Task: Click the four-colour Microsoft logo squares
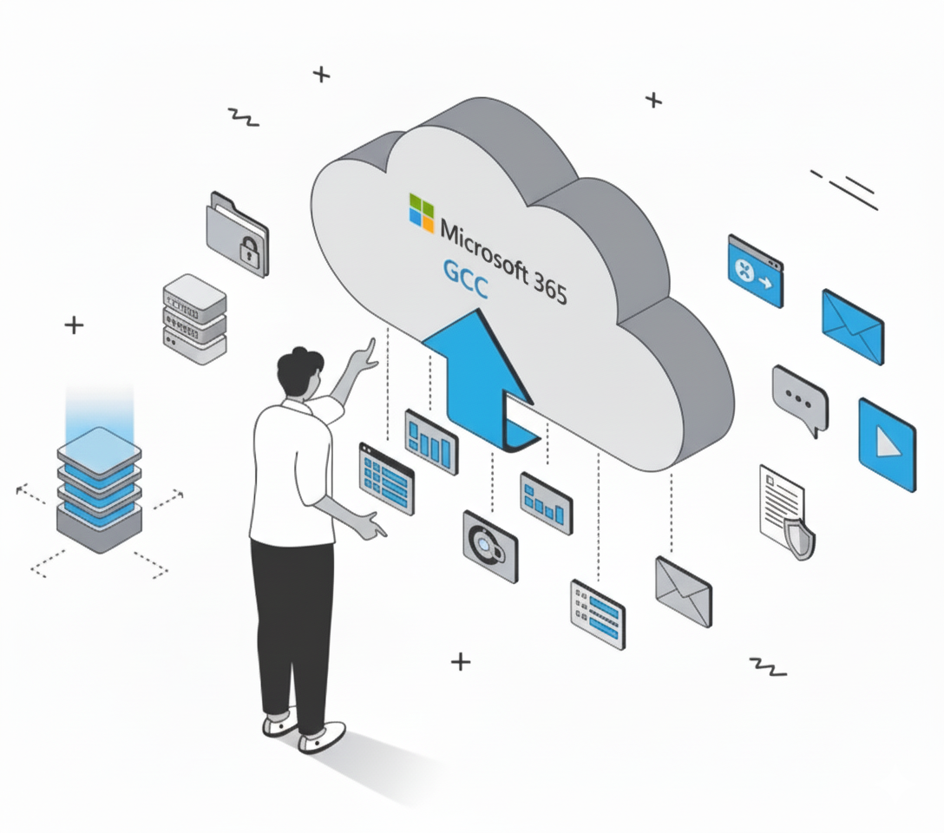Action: point(422,213)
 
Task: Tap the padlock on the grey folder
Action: point(250,253)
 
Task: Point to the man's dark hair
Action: point(298,370)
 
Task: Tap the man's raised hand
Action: point(367,354)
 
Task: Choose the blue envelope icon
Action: point(852,326)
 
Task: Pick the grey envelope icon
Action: point(683,591)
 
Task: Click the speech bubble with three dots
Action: point(799,398)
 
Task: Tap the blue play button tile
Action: point(886,443)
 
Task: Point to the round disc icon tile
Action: point(489,545)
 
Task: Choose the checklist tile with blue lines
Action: point(597,613)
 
